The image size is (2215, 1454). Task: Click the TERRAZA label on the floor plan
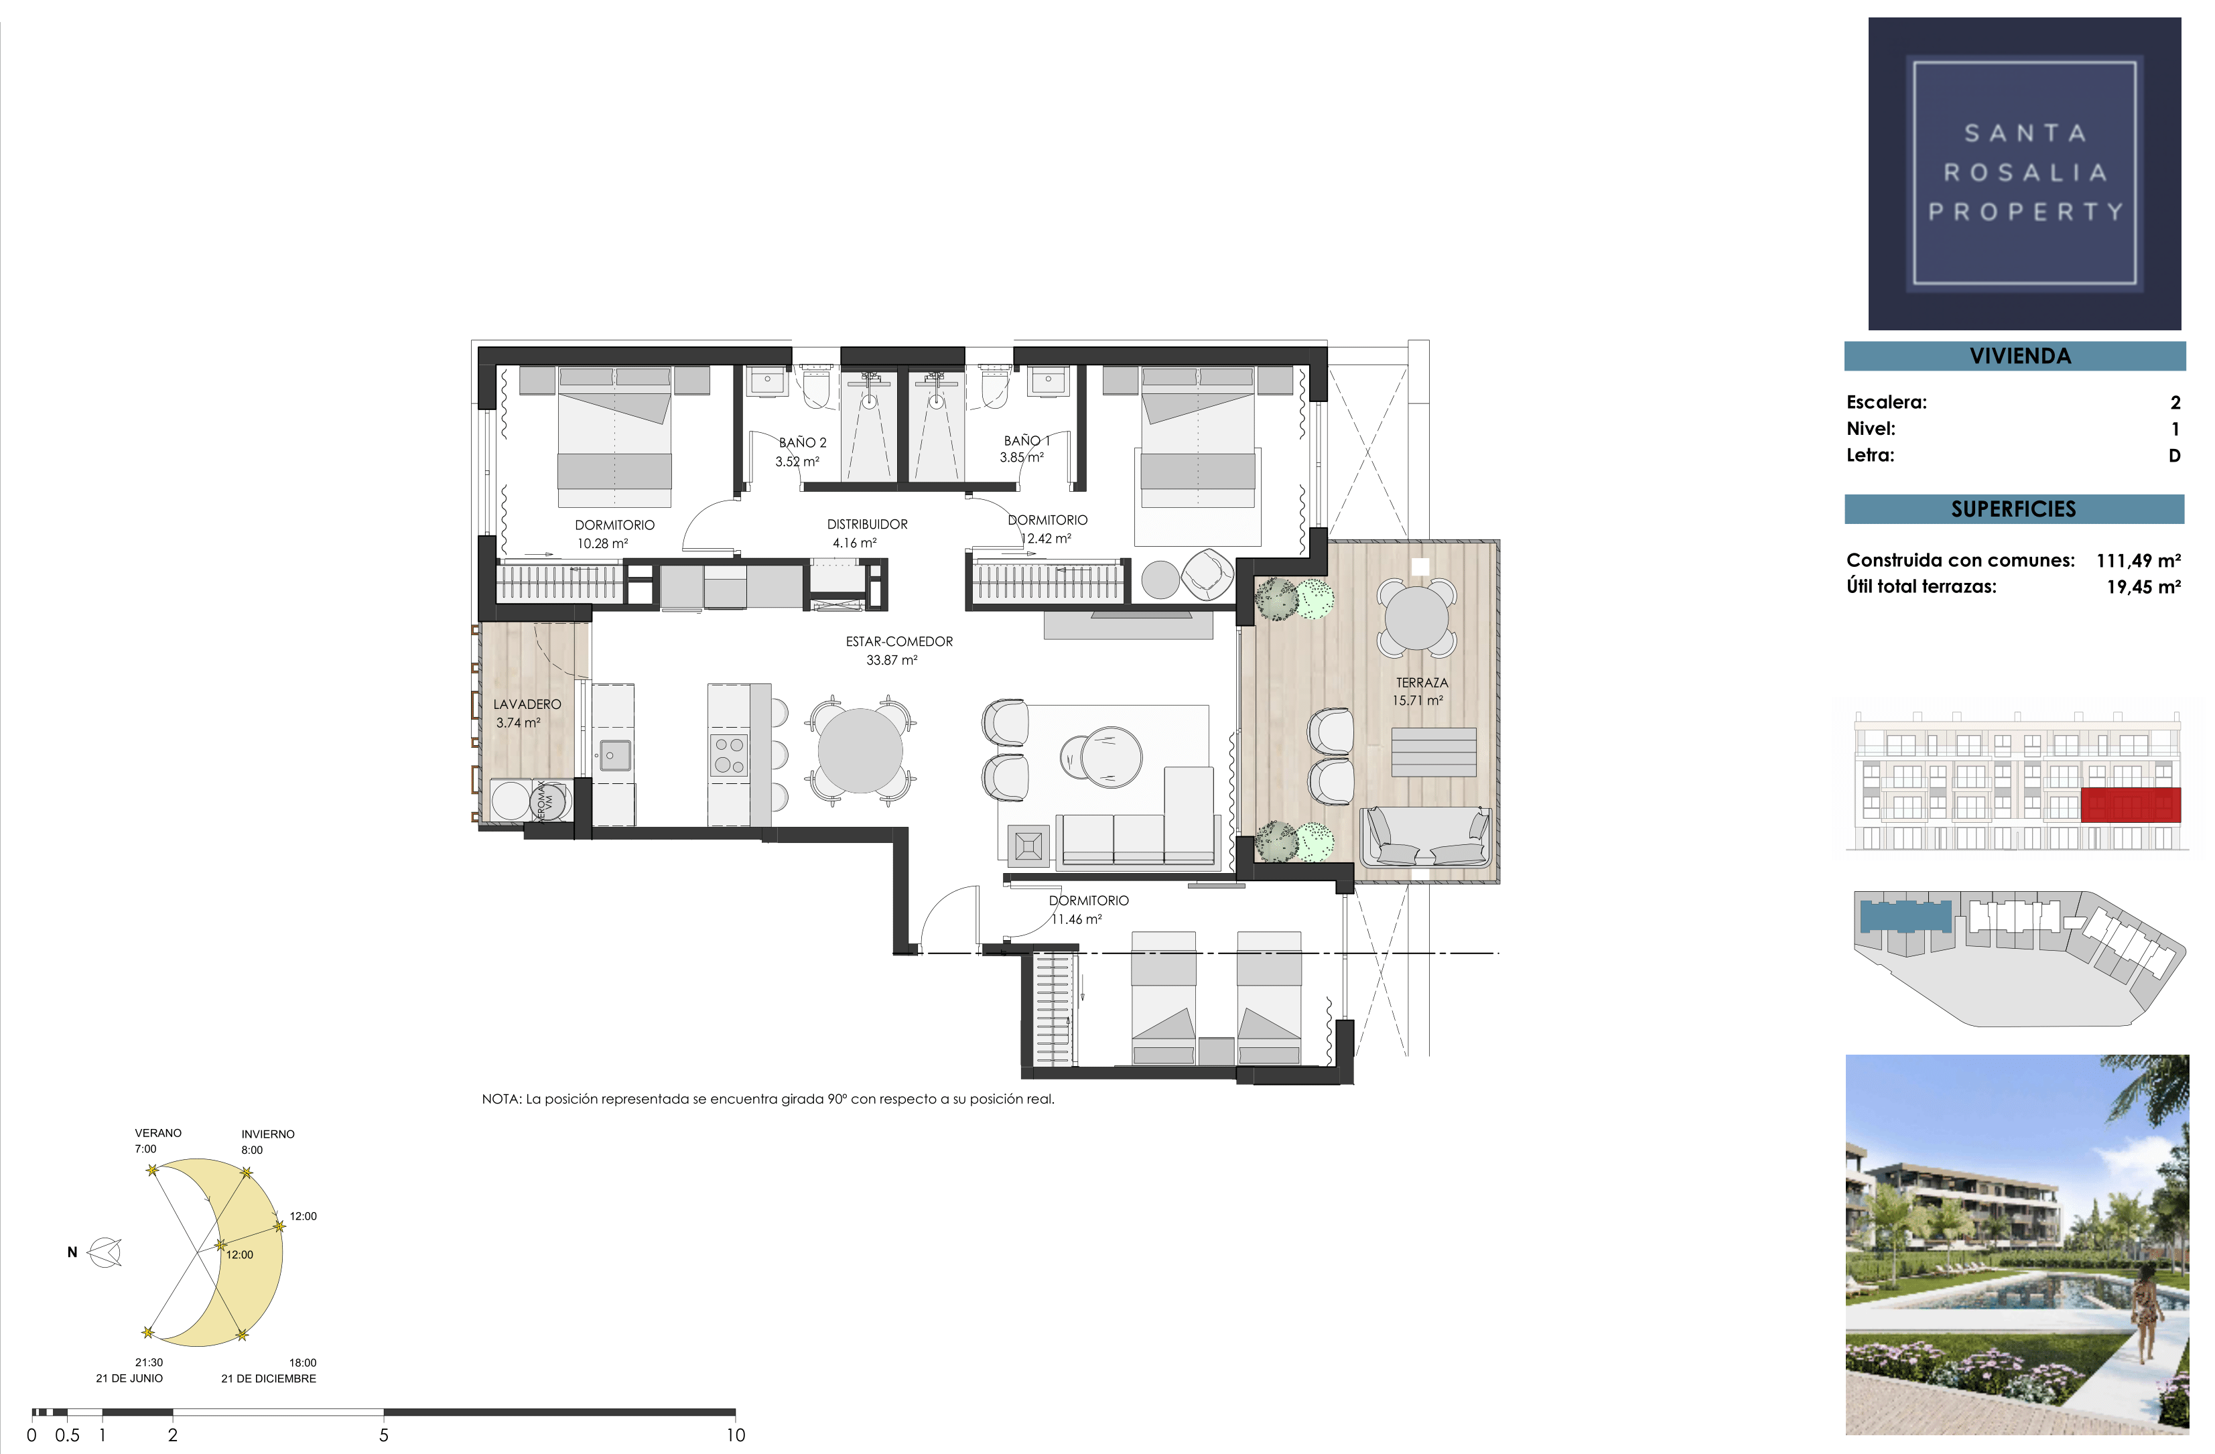(1421, 682)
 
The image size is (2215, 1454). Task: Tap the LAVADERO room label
(527, 705)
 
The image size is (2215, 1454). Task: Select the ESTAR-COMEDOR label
(899, 641)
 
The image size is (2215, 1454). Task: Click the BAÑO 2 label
(802, 442)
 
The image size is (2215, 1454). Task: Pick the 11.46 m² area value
(1076, 919)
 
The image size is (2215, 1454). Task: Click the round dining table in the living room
(860, 750)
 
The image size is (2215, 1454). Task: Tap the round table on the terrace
(1416, 618)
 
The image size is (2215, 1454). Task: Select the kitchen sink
(613, 755)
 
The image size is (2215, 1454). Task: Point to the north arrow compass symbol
(105, 1252)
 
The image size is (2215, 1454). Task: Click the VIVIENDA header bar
(2015, 356)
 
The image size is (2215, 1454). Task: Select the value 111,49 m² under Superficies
(2138, 560)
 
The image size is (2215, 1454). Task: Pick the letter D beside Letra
(2174, 455)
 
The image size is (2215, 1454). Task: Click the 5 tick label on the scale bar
(383, 1435)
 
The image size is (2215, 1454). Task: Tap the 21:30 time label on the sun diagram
(149, 1362)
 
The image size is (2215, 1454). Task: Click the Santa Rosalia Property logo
(2024, 173)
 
